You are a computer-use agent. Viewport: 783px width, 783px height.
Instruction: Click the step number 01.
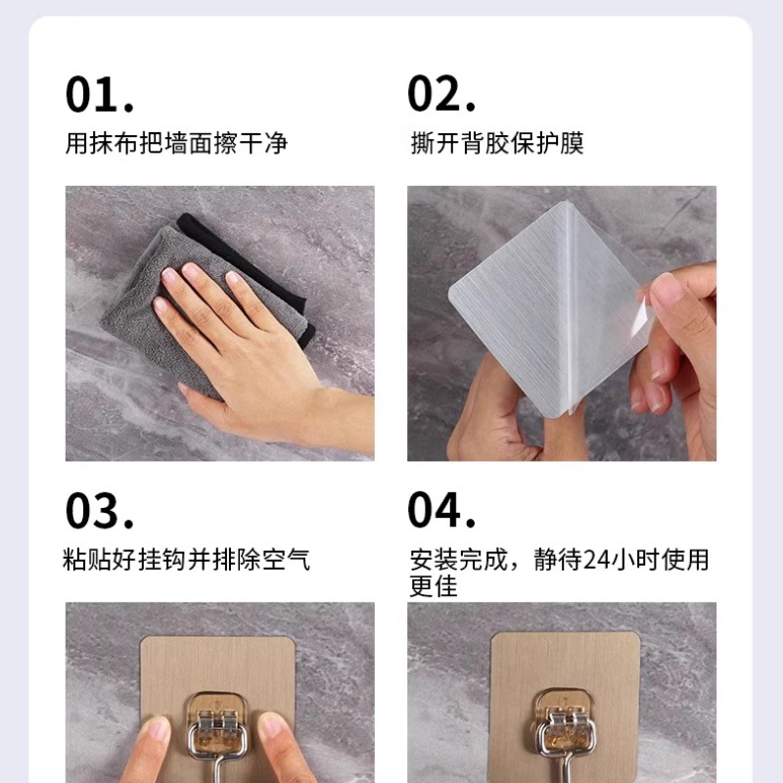click(x=100, y=94)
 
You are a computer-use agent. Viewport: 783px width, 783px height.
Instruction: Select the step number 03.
click(x=100, y=510)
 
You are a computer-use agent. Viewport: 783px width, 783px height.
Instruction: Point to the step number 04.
click(x=441, y=509)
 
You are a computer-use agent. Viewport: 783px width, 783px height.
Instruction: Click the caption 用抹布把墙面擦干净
click(x=176, y=143)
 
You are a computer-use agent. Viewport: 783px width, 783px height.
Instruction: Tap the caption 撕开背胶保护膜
click(x=497, y=143)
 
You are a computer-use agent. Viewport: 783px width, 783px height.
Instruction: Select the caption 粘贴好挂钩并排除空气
click(x=186, y=559)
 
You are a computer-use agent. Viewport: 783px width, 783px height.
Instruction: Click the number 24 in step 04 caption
click(x=597, y=560)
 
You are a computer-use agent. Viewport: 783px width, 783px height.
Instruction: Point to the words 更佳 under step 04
click(x=434, y=585)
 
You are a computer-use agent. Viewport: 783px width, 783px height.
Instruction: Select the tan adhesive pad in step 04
click(x=566, y=665)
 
